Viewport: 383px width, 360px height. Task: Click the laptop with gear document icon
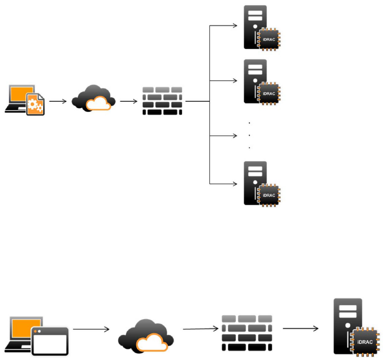click(25, 100)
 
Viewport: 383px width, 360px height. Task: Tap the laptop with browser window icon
click(37, 336)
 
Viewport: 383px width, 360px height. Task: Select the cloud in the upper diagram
click(93, 99)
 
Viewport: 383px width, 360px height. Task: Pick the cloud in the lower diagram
click(146, 336)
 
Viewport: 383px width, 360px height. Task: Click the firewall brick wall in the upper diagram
click(162, 101)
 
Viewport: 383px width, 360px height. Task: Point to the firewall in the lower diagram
click(247, 333)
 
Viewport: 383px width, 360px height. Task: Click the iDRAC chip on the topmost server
click(268, 39)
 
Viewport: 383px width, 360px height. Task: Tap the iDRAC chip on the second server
click(268, 94)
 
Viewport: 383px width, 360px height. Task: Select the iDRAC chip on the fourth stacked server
click(268, 195)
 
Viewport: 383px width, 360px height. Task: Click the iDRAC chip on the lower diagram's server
click(364, 342)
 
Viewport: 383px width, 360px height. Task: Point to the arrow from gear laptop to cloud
click(58, 101)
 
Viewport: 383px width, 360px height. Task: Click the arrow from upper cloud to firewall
click(129, 101)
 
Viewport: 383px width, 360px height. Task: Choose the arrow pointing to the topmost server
click(223, 26)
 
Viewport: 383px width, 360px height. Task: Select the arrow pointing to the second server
click(223, 80)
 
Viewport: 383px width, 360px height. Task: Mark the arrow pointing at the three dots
click(223, 136)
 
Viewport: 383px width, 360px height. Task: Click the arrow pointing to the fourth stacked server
click(223, 184)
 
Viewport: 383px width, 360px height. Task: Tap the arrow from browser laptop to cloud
click(91, 329)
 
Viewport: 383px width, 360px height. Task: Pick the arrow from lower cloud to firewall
click(201, 329)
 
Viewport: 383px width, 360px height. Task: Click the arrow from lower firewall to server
click(300, 329)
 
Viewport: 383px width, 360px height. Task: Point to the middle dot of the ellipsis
click(249, 135)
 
